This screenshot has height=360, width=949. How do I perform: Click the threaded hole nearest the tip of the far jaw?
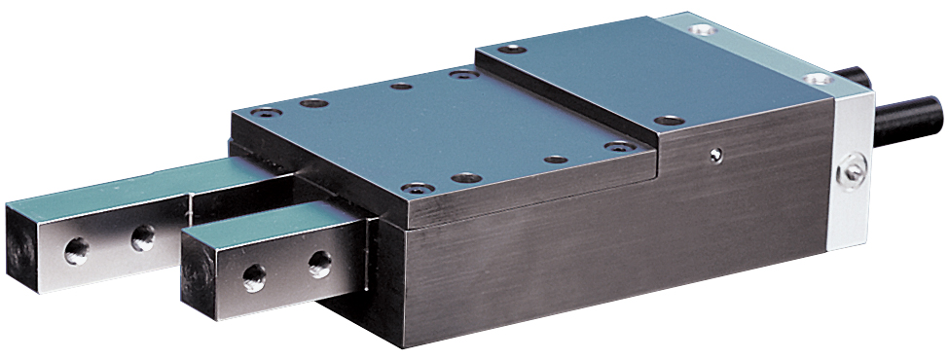[x=76, y=251]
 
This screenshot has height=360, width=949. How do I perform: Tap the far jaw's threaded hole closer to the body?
[x=143, y=234]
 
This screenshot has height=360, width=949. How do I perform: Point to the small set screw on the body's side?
[x=715, y=154]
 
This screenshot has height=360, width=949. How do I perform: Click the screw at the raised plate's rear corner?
[x=512, y=50]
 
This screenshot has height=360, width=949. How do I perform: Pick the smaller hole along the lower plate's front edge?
[x=555, y=159]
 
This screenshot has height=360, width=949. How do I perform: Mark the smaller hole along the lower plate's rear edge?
[x=400, y=86]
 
